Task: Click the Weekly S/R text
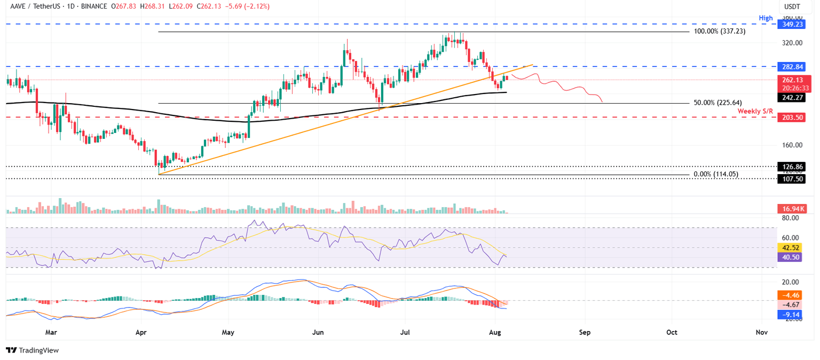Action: pyautogui.click(x=755, y=111)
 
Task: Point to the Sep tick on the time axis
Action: pyautogui.click(x=585, y=332)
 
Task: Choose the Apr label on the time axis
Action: pyautogui.click(x=141, y=332)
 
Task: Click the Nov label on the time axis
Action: pyautogui.click(x=762, y=332)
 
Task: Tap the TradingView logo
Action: pyautogui.click(x=33, y=350)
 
